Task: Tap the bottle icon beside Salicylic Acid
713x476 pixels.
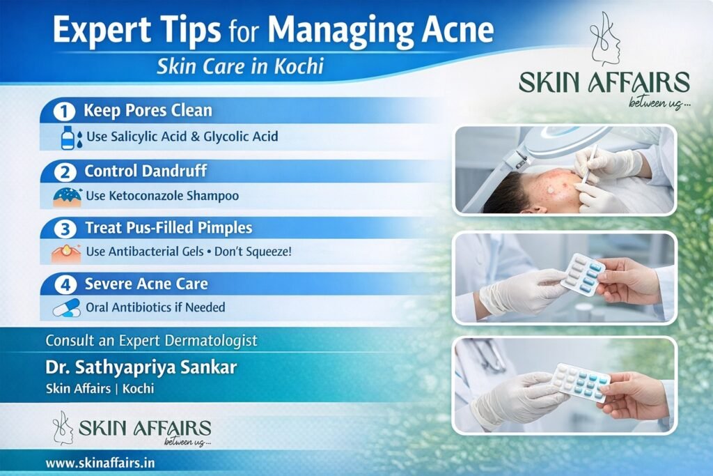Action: (68, 137)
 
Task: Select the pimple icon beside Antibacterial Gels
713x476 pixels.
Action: (66, 252)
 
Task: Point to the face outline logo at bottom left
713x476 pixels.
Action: (63, 427)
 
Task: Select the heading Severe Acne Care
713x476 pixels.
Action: (146, 284)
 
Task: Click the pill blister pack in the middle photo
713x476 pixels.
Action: (581, 274)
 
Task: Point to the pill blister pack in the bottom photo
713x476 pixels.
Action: (580, 383)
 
